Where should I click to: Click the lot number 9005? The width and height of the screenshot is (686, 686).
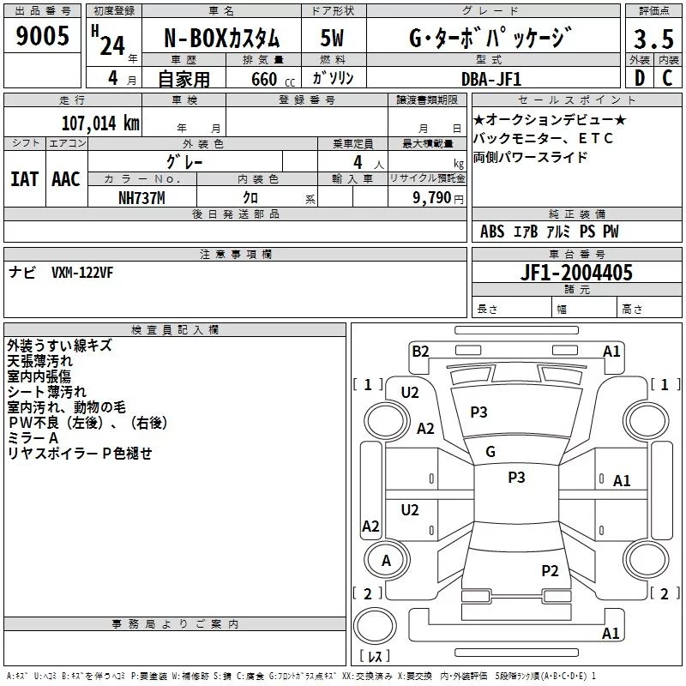click(43, 36)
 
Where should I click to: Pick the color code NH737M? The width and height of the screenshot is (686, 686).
click(143, 197)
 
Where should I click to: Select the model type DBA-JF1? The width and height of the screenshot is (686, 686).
click(490, 78)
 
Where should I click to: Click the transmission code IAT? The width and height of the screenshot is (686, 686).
click(24, 179)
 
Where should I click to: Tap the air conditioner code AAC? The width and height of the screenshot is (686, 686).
click(66, 179)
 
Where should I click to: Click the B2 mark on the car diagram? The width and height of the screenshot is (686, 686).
click(420, 351)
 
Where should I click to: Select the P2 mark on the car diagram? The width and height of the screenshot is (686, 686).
click(550, 570)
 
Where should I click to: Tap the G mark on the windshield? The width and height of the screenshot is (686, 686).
click(490, 452)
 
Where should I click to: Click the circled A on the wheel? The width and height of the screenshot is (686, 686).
click(386, 561)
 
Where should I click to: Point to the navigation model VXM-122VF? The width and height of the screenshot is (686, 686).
click(82, 272)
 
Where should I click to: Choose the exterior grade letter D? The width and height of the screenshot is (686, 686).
click(639, 78)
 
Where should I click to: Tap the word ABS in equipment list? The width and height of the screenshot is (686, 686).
click(492, 232)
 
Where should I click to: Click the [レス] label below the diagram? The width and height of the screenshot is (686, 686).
click(374, 658)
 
